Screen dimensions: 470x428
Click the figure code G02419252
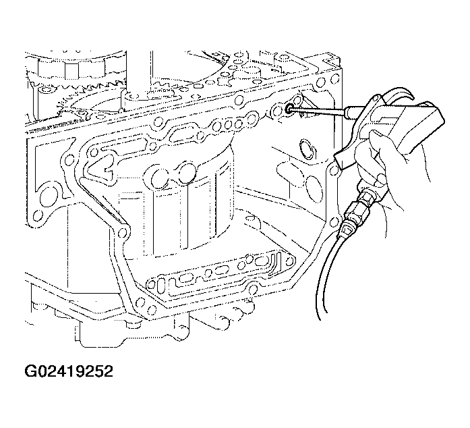(69, 371)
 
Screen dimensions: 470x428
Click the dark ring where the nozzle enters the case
(289, 109)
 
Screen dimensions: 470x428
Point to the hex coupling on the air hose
(362, 204)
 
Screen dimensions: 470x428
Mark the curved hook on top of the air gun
(401, 92)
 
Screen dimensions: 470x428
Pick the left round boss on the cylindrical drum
(161, 178)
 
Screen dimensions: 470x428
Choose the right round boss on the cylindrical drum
(187, 173)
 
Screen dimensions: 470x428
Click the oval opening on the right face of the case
(307, 149)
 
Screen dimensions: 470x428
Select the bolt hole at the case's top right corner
(335, 80)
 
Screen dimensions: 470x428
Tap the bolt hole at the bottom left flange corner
(38, 215)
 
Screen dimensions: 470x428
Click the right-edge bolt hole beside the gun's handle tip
(333, 170)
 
